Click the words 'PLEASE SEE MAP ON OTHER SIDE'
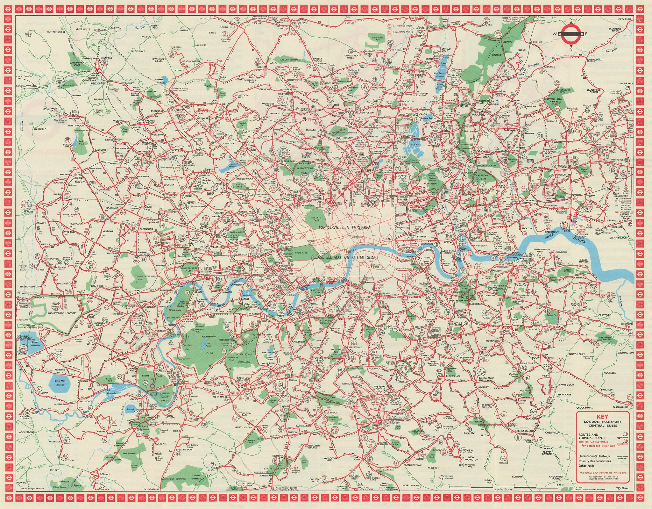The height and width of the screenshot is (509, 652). [343, 257]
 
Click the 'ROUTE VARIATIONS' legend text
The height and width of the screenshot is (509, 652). [593, 442]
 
